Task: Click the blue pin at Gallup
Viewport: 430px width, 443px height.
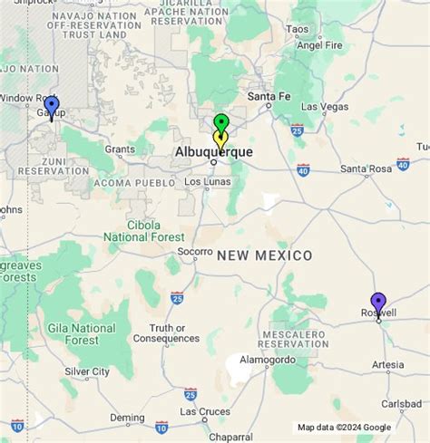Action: (52, 107)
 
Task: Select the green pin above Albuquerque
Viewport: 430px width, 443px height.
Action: (220, 123)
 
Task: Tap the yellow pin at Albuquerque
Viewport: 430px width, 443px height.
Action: (220, 139)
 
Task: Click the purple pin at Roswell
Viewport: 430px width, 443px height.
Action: (378, 303)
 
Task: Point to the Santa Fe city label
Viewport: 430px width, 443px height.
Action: (269, 97)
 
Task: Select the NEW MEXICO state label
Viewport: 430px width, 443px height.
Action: (264, 256)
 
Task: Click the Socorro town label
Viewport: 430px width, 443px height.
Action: (195, 252)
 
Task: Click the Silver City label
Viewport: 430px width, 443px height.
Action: (87, 371)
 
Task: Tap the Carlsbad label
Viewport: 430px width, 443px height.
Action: (401, 403)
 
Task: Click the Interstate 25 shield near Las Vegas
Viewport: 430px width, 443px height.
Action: (298, 130)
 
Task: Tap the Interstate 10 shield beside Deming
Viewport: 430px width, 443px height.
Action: (161, 426)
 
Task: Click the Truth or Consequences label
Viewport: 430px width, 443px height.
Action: (175, 333)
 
